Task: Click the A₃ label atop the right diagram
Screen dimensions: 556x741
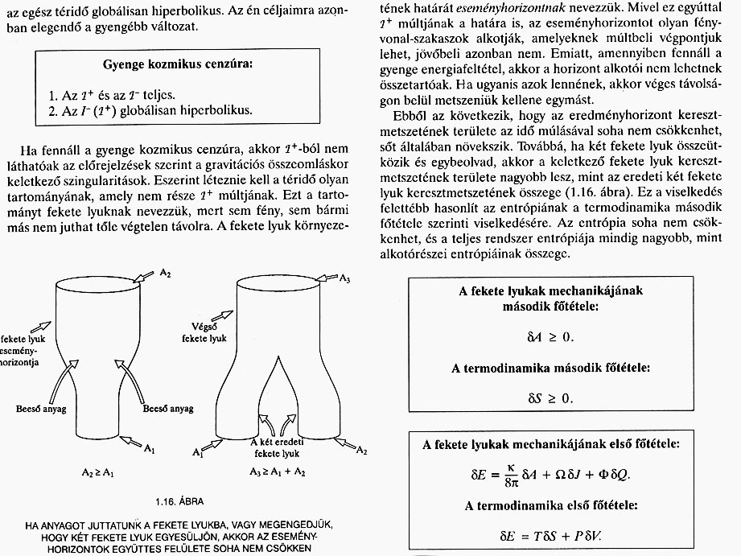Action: [345, 278]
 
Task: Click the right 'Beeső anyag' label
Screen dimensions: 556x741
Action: [167, 409]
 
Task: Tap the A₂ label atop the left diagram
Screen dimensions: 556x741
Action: [164, 274]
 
